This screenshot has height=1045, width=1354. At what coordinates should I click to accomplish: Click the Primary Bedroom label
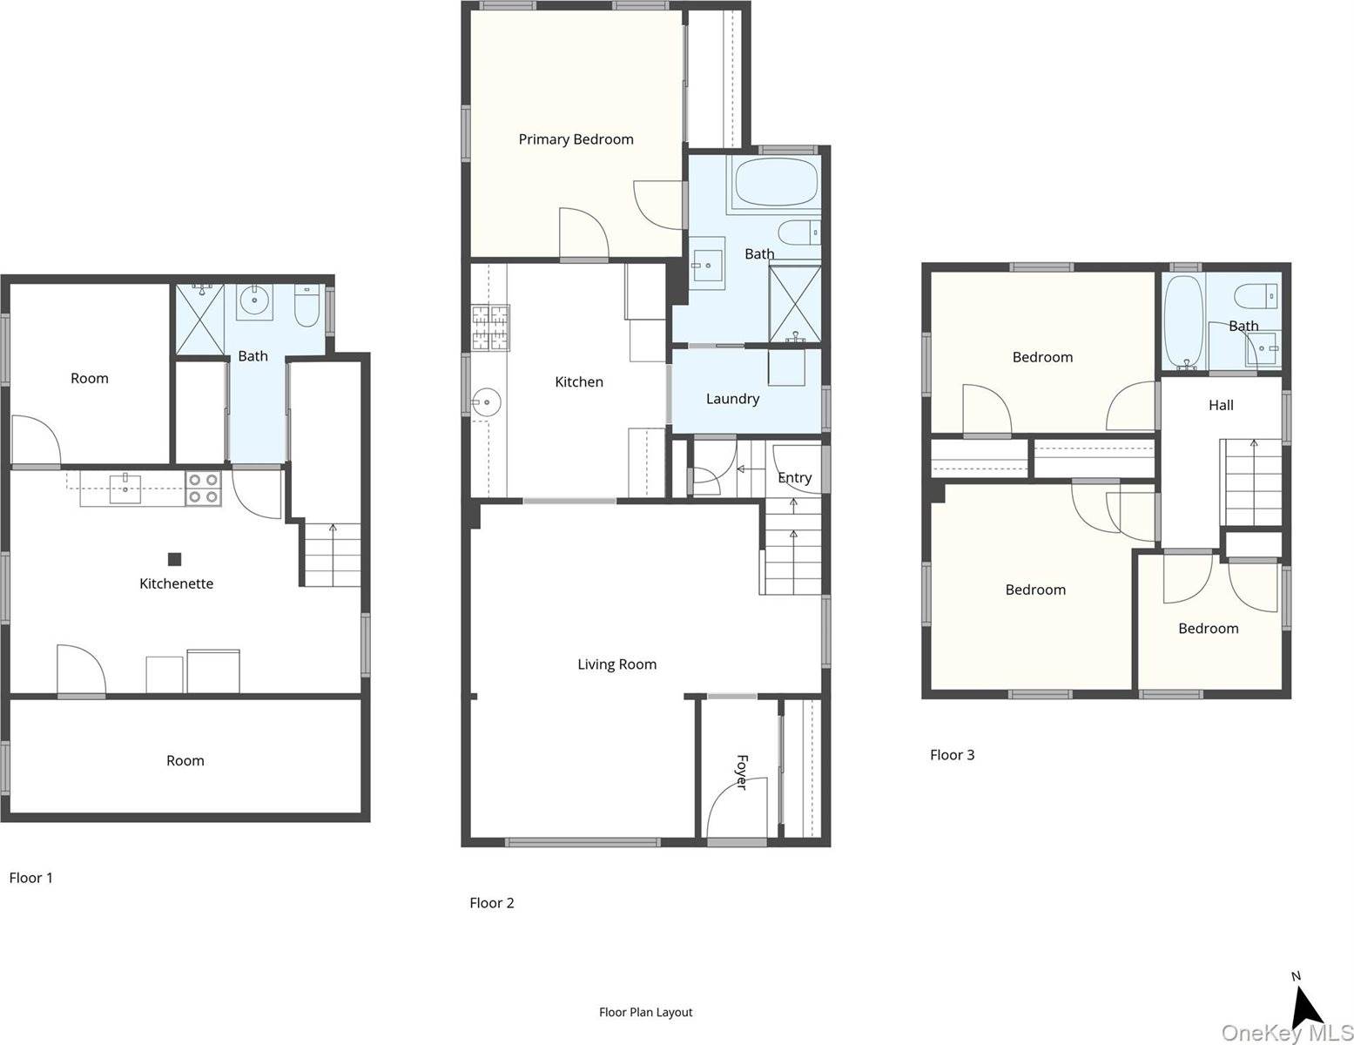click(576, 139)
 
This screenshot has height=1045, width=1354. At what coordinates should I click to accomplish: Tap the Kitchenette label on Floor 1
click(176, 583)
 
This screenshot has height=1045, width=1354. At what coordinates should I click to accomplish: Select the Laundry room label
click(732, 399)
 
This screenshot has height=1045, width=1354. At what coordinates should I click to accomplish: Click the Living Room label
click(616, 664)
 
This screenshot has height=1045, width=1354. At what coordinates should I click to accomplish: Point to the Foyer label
click(741, 772)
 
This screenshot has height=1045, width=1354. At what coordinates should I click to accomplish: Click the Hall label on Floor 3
click(1221, 405)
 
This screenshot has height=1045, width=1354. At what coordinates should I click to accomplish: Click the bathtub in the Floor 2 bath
click(777, 182)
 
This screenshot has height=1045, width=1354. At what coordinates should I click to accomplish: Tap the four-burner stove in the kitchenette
click(204, 489)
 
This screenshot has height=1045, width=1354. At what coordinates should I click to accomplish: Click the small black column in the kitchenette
click(174, 559)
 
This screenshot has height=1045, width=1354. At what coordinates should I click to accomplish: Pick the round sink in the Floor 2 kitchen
click(485, 403)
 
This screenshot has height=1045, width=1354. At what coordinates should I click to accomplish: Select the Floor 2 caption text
click(492, 903)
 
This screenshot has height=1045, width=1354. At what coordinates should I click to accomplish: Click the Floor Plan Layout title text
click(645, 1012)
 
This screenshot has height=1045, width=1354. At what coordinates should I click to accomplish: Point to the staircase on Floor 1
click(332, 555)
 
